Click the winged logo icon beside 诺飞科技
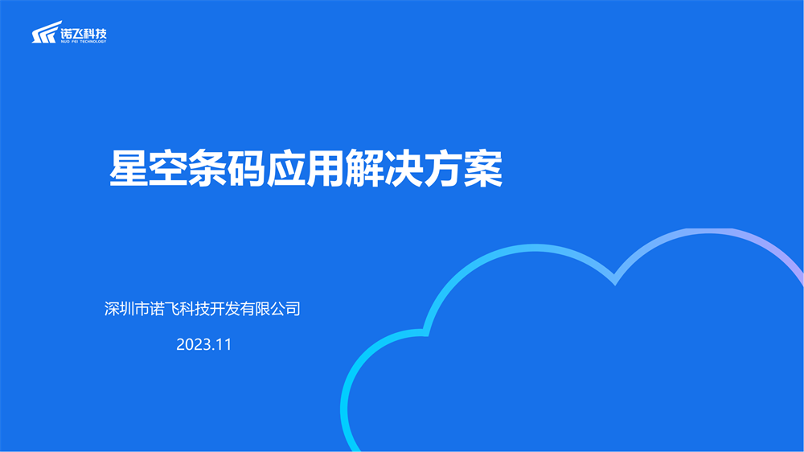click(46, 32)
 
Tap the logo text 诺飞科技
click(84, 33)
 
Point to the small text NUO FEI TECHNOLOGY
click(84, 42)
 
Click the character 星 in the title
click(129, 168)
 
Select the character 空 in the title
click(168, 168)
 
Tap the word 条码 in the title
click(228, 168)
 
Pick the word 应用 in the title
click(306, 168)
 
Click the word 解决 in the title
click(384, 168)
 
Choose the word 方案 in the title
click(464, 168)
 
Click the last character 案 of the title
click(483, 168)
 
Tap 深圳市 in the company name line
click(127, 309)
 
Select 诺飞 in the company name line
click(164, 309)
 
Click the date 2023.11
click(204, 344)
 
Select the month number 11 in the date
click(224, 344)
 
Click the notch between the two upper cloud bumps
click(615, 280)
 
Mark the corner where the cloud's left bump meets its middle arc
click(425, 332)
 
